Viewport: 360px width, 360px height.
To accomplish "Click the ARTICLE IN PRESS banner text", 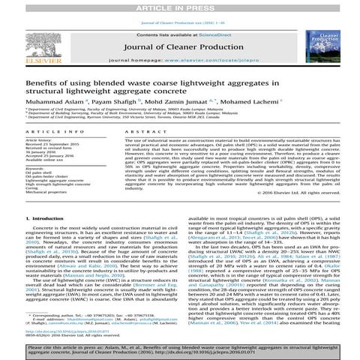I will (x=179, y=5).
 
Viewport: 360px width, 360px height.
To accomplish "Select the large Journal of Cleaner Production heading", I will (x=179, y=43).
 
